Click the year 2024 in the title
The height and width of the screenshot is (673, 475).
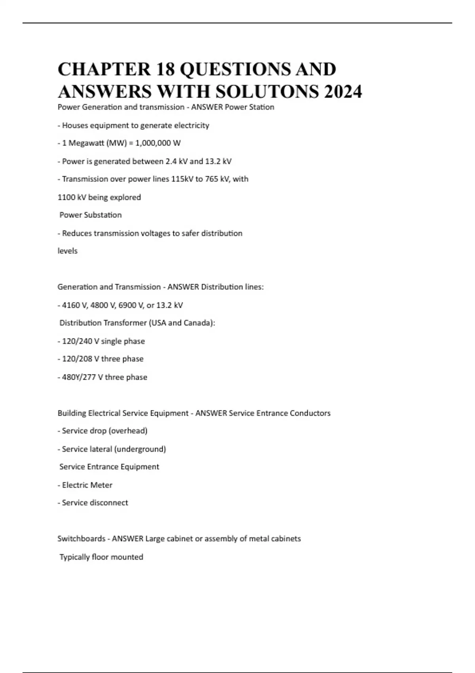pyautogui.click(x=343, y=91)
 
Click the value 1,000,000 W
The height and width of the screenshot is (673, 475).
pyautogui.click(x=158, y=143)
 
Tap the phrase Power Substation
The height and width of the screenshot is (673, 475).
pyautogui.click(x=91, y=215)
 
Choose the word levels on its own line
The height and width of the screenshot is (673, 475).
pyautogui.click(x=68, y=251)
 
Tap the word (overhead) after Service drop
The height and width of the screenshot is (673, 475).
pyautogui.click(x=128, y=431)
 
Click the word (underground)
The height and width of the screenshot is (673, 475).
pyautogui.click(x=140, y=449)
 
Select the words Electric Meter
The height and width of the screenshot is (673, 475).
pyautogui.click(x=87, y=485)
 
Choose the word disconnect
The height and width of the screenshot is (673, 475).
pyautogui.click(x=109, y=503)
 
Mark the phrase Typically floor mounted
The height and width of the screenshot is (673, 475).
pyautogui.click(x=101, y=557)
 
